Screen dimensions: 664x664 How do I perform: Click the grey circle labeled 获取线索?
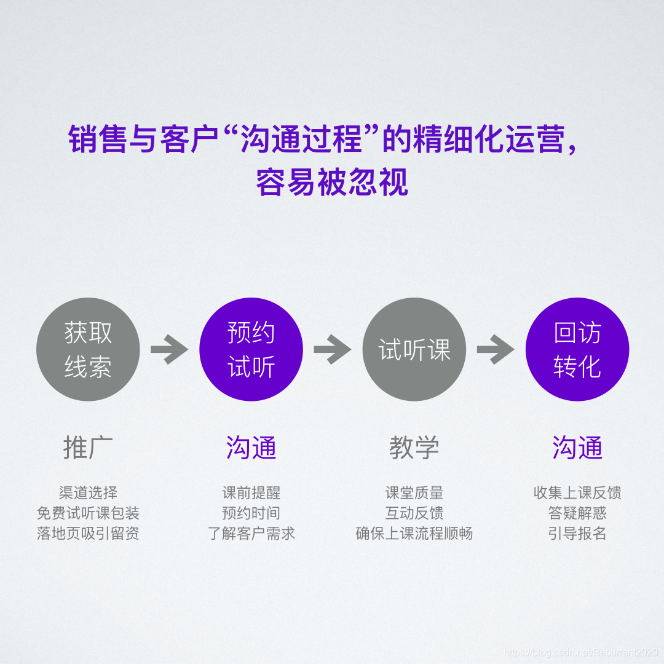(x=89, y=350)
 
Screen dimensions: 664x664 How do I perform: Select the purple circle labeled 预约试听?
(x=251, y=350)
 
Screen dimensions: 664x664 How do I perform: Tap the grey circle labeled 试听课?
(x=414, y=350)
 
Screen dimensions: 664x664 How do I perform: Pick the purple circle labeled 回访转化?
(x=577, y=350)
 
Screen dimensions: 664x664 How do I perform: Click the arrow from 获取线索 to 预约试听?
(x=169, y=350)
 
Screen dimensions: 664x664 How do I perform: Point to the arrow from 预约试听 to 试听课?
(x=333, y=350)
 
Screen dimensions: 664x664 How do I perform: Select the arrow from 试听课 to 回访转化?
(x=496, y=350)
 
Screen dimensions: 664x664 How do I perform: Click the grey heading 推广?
(x=89, y=448)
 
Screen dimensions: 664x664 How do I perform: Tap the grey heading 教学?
(x=414, y=448)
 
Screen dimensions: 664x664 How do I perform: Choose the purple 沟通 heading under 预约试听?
(x=251, y=448)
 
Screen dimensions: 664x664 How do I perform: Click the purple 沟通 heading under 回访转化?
(x=577, y=448)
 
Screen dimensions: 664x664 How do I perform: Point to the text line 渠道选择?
(x=89, y=492)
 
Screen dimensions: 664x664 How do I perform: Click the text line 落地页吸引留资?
(x=89, y=533)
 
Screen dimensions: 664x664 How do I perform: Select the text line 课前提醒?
(x=251, y=492)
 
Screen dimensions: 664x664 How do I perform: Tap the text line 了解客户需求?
(x=251, y=533)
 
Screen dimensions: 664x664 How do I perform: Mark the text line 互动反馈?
(x=414, y=513)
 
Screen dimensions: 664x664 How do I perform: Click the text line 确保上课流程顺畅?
(x=414, y=533)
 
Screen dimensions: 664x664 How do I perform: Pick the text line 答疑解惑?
(x=577, y=513)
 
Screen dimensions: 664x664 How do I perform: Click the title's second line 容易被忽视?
(x=332, y=183)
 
